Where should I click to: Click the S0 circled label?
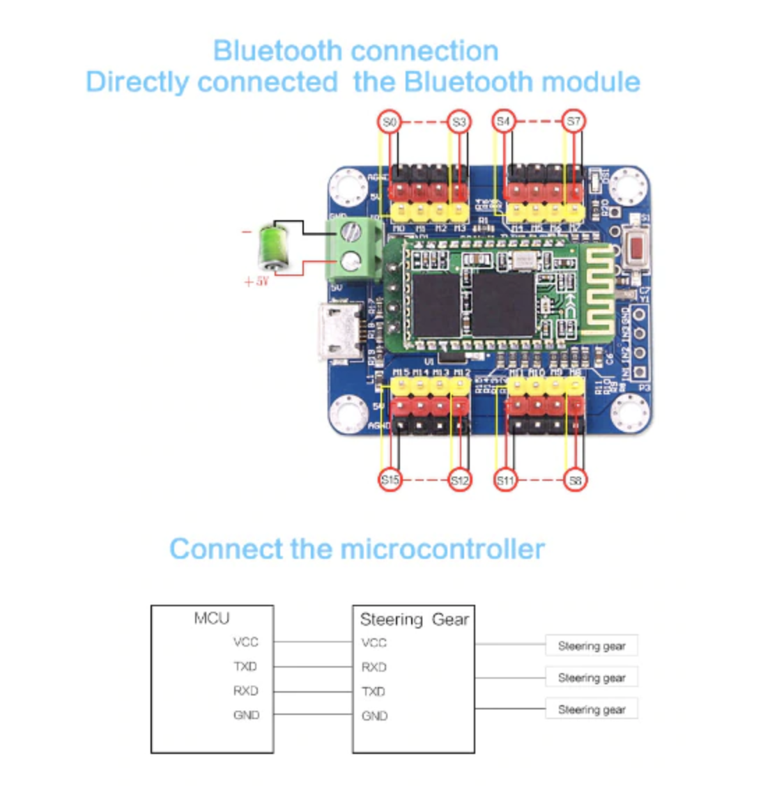coord(390,123)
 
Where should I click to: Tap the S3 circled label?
coord(459,123)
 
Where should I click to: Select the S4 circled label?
coord(504,122)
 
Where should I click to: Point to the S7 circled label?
coord(574,122)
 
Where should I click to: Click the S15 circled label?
coord(390,480)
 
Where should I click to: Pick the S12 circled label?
coord(459,480)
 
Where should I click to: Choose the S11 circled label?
coord(505,480)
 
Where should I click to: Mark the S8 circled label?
coord(575,480)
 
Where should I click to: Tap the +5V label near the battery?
coord(256,282)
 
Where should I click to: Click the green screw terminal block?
coord(355,247)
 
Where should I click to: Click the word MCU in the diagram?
coord(211,618)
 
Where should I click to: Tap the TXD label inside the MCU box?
coord(245,667)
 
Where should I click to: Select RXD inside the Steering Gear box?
coord(374,668)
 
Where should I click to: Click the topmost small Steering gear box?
coord(591,646)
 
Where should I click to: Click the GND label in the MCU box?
coord(246,715)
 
